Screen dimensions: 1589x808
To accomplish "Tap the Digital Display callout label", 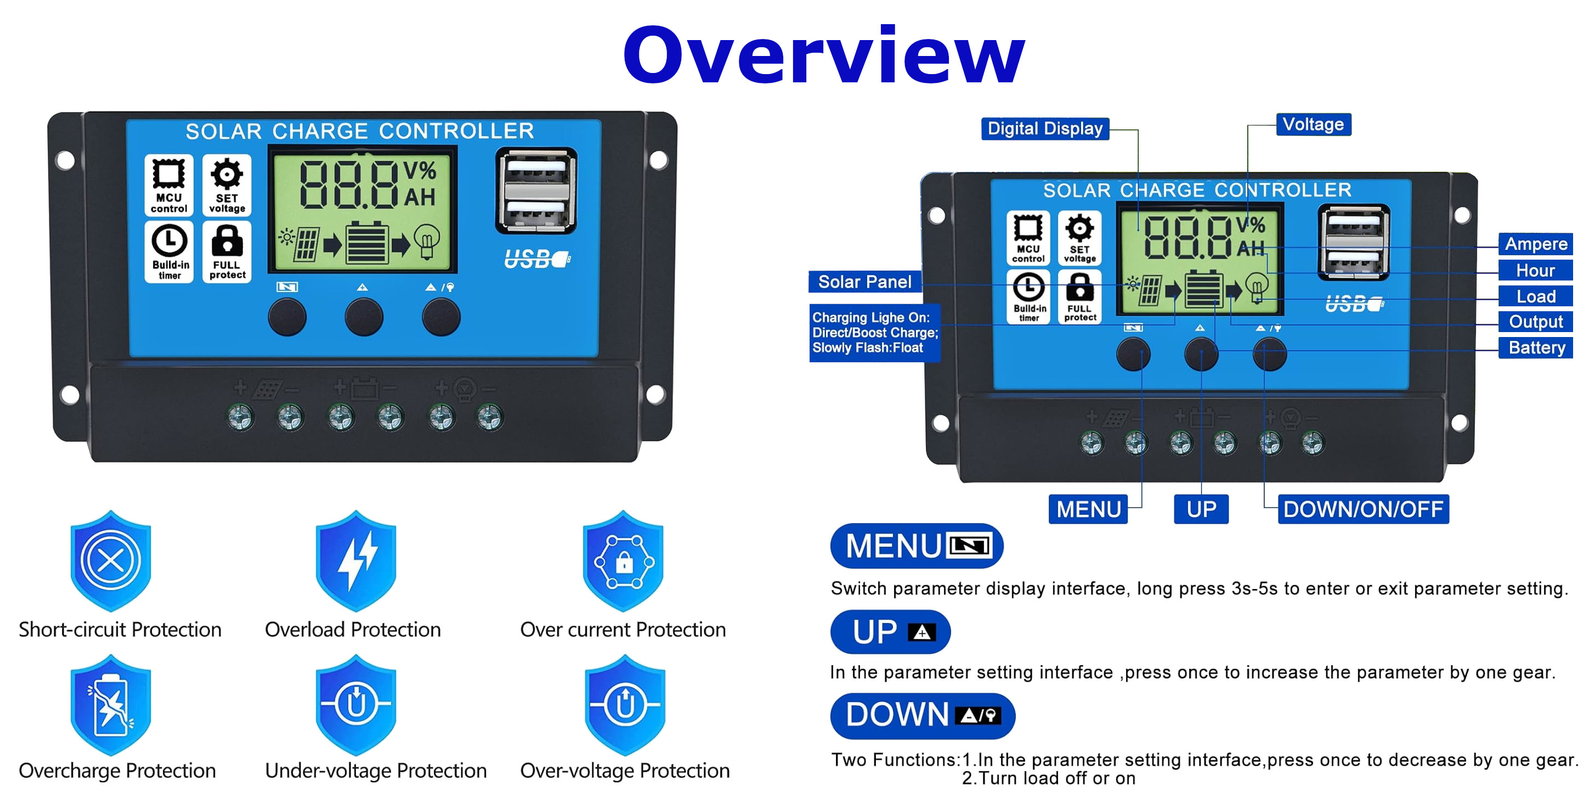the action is pyautogui.click(x=1045, y=128).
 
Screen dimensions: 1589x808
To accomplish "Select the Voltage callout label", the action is pyautogui.click(x=1313, y=124).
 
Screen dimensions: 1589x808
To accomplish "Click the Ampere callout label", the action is pyautogui.click(x=1535, y=244).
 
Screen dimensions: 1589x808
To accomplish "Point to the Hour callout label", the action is pyautogui.click(x=1535, y=271).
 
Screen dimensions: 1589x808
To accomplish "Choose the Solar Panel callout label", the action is pyautogui.click(x=865, y=282).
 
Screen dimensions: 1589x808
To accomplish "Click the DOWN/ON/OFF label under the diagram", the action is pyautogui.click(x=1363, y=509).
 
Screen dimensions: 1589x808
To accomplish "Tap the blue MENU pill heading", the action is pyautogui.click(x=917, y=546).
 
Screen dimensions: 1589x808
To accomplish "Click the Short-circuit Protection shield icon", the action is pyautogui.click(x=111, y=560).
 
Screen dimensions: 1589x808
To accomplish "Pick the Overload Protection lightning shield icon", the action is pyautogui.click(x=356, y=560).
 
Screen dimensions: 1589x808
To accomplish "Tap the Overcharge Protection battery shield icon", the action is pyautogui.click(x=111, y=705).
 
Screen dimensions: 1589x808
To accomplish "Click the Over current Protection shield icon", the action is pyautogui.click(x=624, y=560).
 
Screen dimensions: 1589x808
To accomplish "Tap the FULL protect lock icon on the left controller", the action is pyautogui.click(x=227, y=252).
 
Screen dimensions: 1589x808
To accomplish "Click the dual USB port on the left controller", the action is pyautogui.click(x=536, y=190).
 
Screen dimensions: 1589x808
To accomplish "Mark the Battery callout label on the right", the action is pyautogui.click(x=1536, y=347).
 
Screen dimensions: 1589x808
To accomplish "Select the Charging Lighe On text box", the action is pyautogui.click(x=875, y=333).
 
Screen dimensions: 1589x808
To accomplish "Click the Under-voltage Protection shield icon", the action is pyautogui.click(x=356, y=705).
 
